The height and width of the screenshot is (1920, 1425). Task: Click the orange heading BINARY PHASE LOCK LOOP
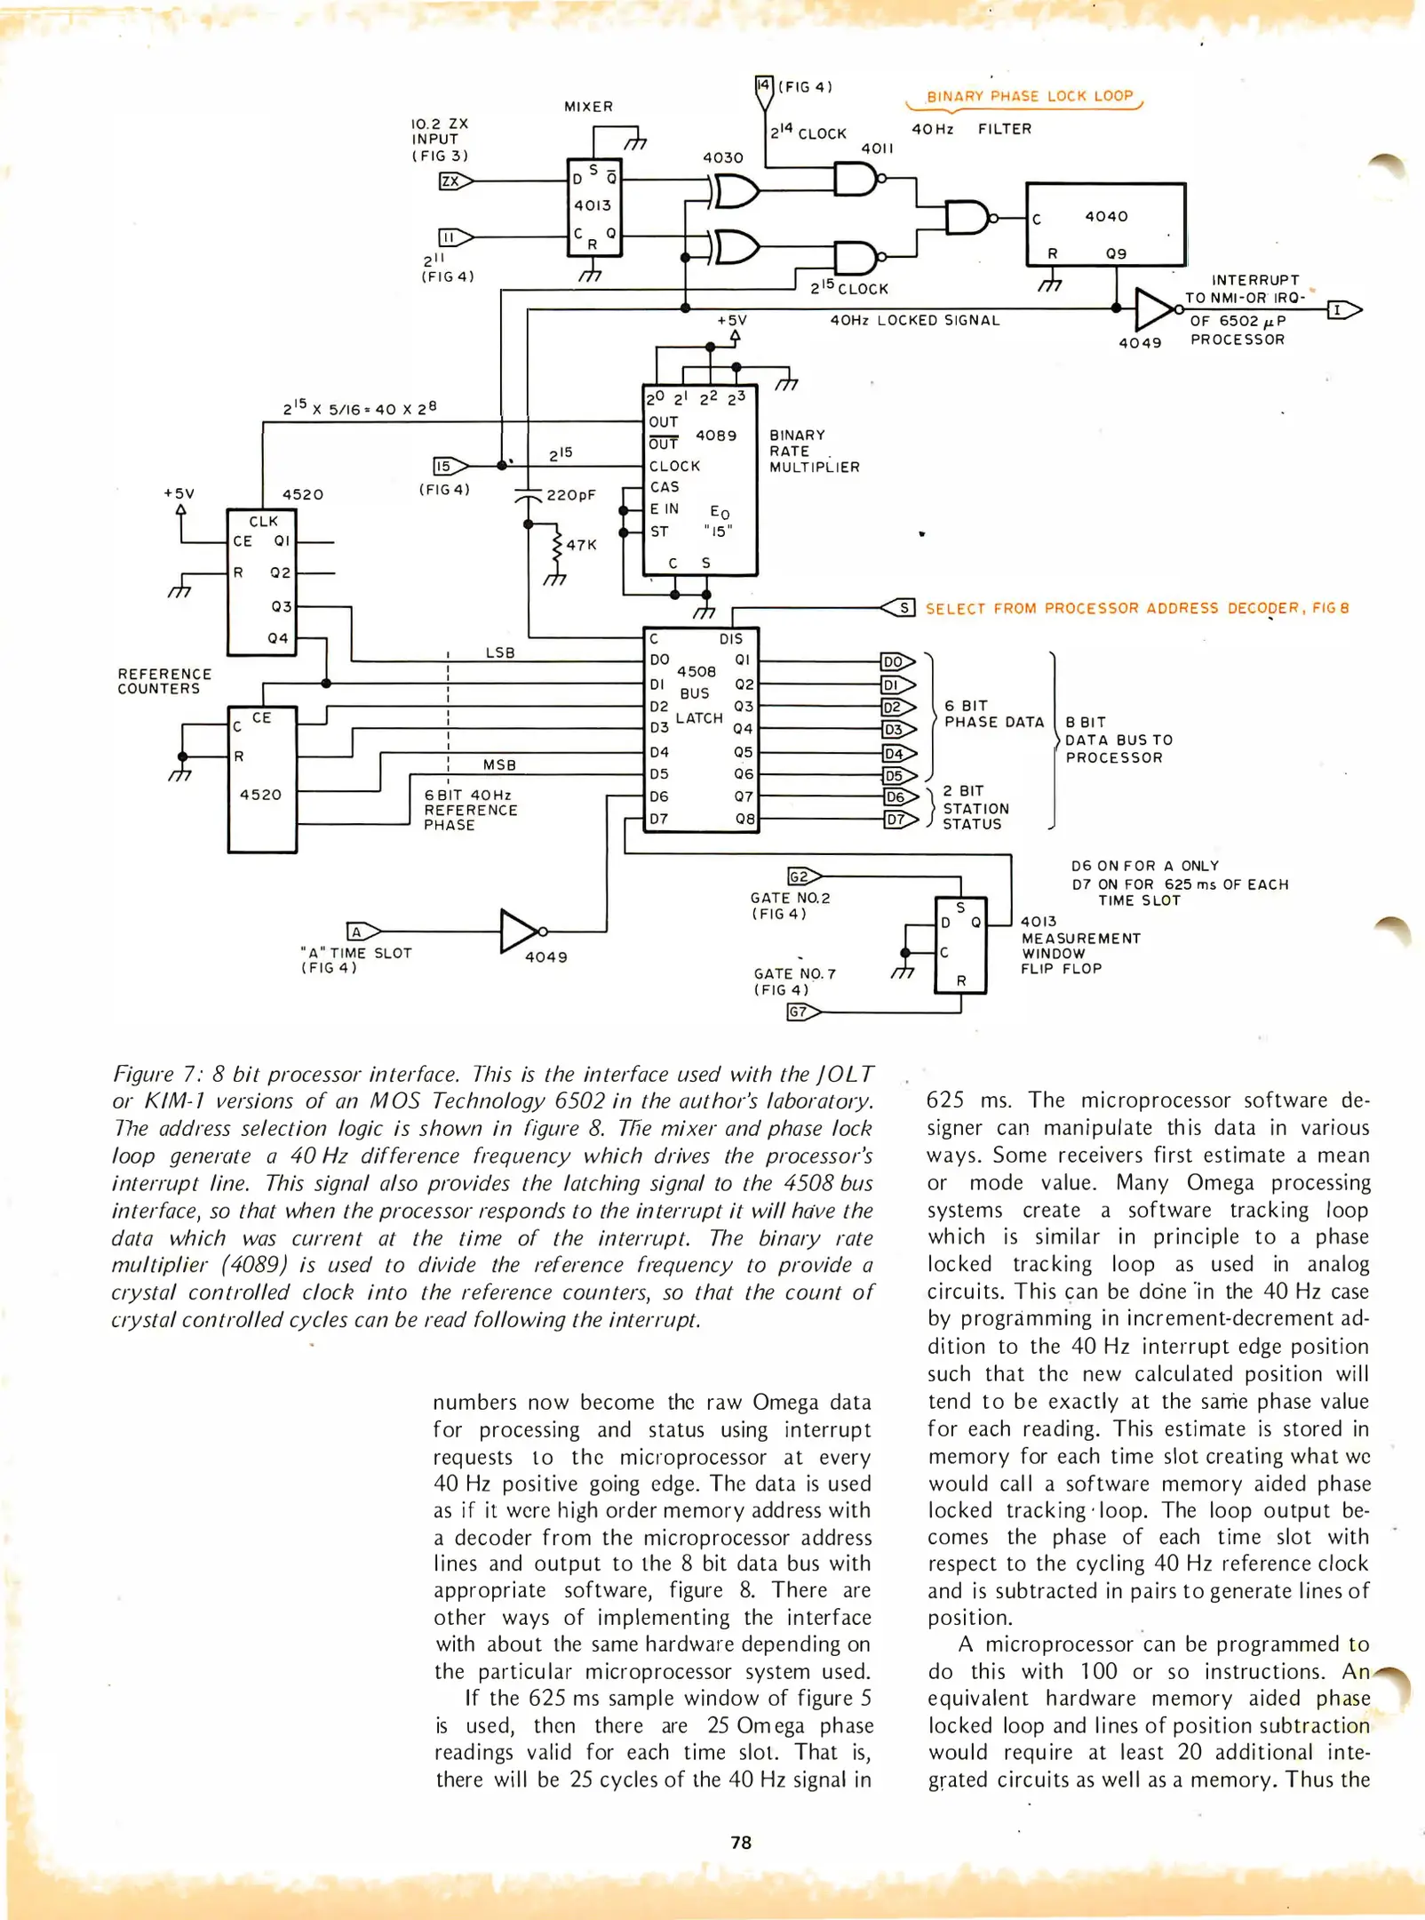coord(1030,96)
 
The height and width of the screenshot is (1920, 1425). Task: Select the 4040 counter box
coord(1105,224)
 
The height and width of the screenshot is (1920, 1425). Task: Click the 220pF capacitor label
coord(571,495)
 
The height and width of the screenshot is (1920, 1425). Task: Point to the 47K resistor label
coord(581,545)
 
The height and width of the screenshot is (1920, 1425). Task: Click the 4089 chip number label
coord(716,436)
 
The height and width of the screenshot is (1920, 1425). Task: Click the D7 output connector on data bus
coord(899,820)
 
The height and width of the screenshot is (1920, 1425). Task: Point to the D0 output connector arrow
coord(897,662)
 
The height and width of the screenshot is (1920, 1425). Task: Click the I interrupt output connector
coord(1342,310)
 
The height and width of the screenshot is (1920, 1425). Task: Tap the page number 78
coord(741,1843)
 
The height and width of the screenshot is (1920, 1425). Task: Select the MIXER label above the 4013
coord(588,107)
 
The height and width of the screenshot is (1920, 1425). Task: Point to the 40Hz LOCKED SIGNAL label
coord(914,320)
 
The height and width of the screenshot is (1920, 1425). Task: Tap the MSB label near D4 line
coord(499,764)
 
